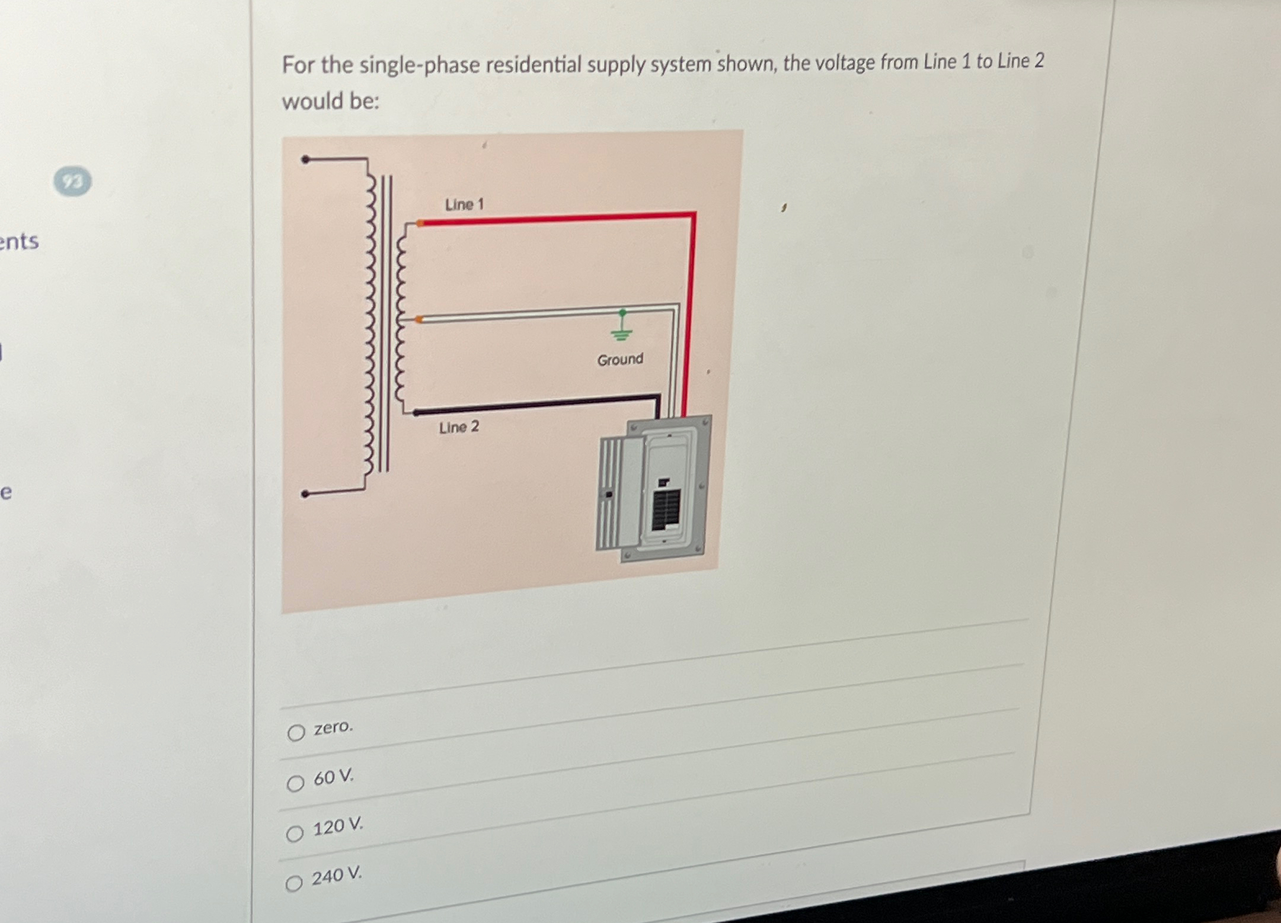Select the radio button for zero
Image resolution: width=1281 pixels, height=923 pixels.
click(296, 733)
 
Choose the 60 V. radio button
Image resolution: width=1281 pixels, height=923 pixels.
click(295, 784)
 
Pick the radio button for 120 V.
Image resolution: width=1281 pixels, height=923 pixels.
click(295, 834)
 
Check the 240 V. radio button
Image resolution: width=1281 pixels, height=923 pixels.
click(294, 884)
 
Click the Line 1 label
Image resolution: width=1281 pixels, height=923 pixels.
click(464, 204)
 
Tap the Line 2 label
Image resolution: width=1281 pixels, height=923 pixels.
click(459, 427)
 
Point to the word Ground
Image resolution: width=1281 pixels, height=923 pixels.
click(620, 360)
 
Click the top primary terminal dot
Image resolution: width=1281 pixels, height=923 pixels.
click(305, 159)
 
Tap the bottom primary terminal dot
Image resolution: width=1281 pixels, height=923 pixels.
click(305, 494)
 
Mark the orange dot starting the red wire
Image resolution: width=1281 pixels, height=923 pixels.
click(420, 223)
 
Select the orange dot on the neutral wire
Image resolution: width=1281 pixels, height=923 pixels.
click(419, 320)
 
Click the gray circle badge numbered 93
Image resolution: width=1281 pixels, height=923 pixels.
click(73, 181)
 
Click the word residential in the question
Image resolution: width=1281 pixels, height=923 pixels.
click(534, 65)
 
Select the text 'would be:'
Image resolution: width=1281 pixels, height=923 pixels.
click(330, 101)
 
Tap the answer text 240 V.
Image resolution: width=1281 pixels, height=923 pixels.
click(337, 875)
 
